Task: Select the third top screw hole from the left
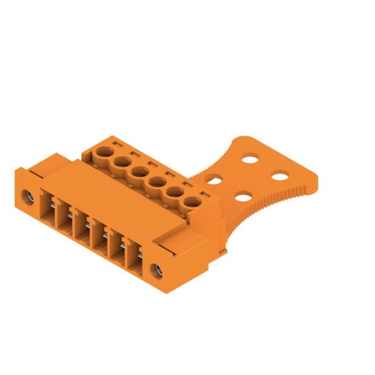click(x=139, y=173)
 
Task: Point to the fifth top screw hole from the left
click(x=174, y=193)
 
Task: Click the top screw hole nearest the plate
click(x=193, y=203)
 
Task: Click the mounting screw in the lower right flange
click(x=156, y=272)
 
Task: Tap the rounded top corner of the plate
click(x=238, y=139)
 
